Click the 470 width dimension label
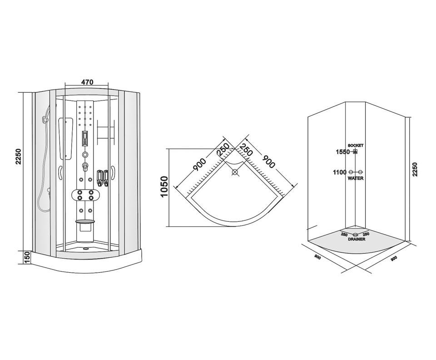coord(87,82)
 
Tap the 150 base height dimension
coord(27,257)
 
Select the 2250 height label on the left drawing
coord(18,157)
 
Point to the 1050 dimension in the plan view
coord(164,187)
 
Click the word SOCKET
coord(356,145)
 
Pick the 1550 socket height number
coord(342,152)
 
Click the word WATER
coord(356,178)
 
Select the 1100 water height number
coord(340,172)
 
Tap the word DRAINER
coord(357,239)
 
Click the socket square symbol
coord(355,152)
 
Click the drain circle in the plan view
coord(235,172)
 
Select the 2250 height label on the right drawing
coord(415,170)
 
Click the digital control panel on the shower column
coord(85,138)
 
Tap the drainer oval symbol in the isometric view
coord(355,235)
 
